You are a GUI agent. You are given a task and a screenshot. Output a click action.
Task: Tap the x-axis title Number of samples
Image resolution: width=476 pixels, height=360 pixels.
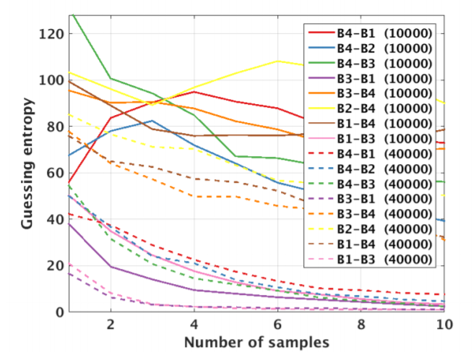point(256,341)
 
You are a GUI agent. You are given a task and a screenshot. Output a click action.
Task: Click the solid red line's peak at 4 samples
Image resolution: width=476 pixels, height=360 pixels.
point(194,92)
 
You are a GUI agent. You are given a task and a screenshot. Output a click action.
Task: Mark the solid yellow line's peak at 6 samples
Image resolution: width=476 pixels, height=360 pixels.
point(278,61)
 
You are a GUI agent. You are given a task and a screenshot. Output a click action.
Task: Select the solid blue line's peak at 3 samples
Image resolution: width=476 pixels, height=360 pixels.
point(152,121)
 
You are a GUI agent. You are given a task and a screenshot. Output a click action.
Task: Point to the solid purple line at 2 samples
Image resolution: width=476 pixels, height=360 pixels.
point(111,267)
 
